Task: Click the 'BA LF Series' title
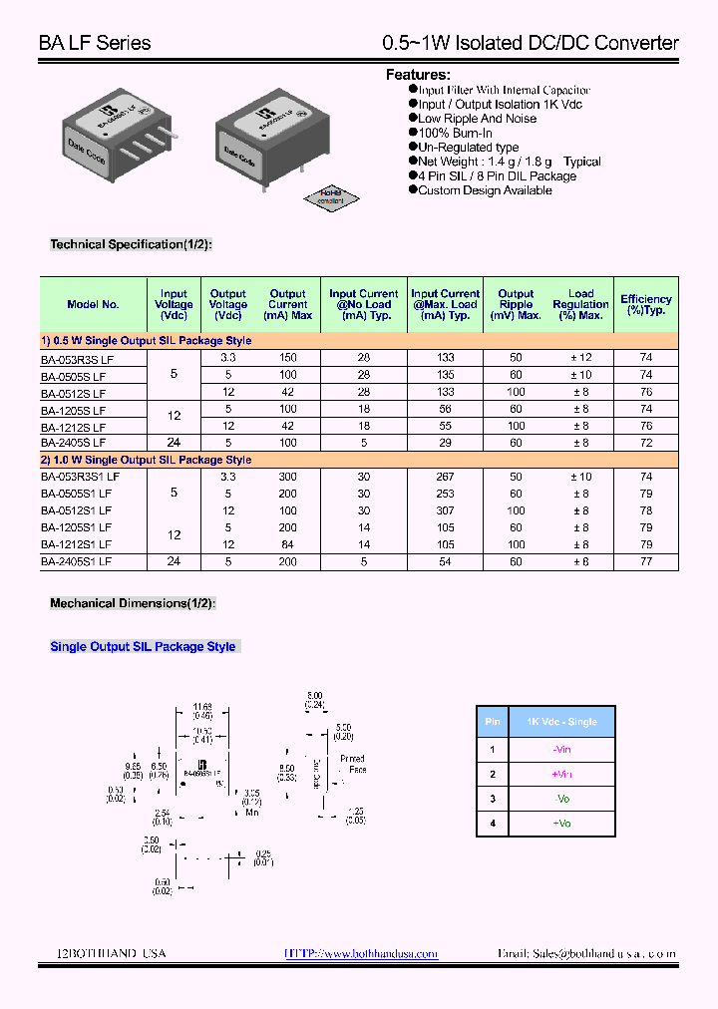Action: (95, 43)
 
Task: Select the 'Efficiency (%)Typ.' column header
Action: (645, 304)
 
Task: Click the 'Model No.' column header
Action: (93, 304)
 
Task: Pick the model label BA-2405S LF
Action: (73, 442)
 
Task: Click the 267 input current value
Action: (445, 477)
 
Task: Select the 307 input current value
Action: (445, 510)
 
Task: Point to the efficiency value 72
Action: (646, 442)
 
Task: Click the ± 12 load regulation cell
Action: (580, 357)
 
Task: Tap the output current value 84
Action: (288, 544)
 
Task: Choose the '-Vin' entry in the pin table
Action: (561, 749)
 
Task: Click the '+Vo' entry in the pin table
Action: (561, 823)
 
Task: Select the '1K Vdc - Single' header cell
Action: (561, 722)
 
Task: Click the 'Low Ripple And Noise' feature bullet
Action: (477, 119)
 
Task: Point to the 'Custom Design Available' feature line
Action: (485, 190)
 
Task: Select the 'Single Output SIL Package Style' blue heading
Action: (143, 647)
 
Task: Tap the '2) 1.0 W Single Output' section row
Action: (146, 460)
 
